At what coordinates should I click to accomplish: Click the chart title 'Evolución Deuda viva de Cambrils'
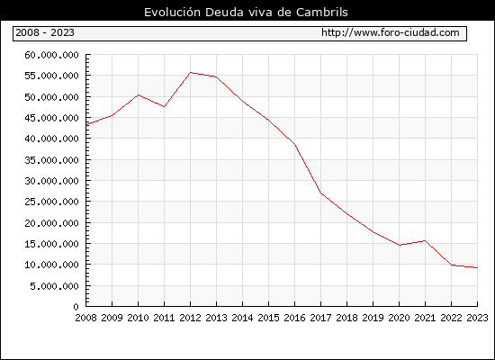pyautogui.click(x=246, y=12)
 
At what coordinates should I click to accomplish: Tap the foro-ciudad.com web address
pyautogui.click(x=391, y=32)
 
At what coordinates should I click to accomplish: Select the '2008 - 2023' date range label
pyautogui.click(x=45, y=32)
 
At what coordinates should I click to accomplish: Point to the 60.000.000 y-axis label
pyautogui.click(x=51, y=55)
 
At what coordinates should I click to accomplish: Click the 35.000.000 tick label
pyautogui.click(x=51, y=160)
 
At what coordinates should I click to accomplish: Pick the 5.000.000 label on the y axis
pyautogui.click(x=54, y=286)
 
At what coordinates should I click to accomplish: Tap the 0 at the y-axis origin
pyautogui.click(x=76, y=307)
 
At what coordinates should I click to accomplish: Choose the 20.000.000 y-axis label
pyautogui.click(x=51, y=223)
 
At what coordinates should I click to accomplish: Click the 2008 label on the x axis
pyautogui.click(x=85, y=318)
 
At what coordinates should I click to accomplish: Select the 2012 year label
pyautogui.click(x=191, y=318)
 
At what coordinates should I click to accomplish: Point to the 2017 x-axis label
pyautogui.click(x=320, y=318)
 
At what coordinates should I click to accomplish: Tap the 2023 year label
pyautogui.click(x=477, y=318)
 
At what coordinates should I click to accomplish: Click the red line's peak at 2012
pyautogui.click(x=191, y=72)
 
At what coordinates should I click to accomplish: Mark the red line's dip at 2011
pyautogui.click(x=164, y=107)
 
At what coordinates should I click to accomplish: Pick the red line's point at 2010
pyautogui.click(x=139, y=94)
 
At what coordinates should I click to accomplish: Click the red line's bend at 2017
pyautogui.click(x=320, y=193)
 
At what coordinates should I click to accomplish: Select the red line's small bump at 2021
pyautogui.click(x=425, y=240)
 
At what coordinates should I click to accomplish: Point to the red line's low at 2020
pyautogui.click(x=400, y=245)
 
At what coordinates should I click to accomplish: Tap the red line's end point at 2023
pyautogui.click(x=477, y=268)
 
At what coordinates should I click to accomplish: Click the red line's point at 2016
pyautogui.click(x=295, y=145)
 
